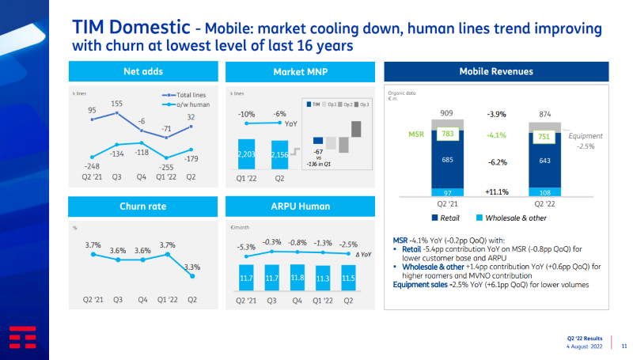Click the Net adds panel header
pyautogui.click(x=142, y=72)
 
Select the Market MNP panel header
pyautogui.click(x=301, y=72)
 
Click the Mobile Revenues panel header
pyautogui.click(x=496, y=72)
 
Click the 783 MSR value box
pyautogui.click(x=448, y=135)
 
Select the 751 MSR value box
pyautogui.click(x=543, y=135)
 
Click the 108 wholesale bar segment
pyautogui.click(x=543, y=192)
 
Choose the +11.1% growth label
pyautogui.click(x=496, y=191)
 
